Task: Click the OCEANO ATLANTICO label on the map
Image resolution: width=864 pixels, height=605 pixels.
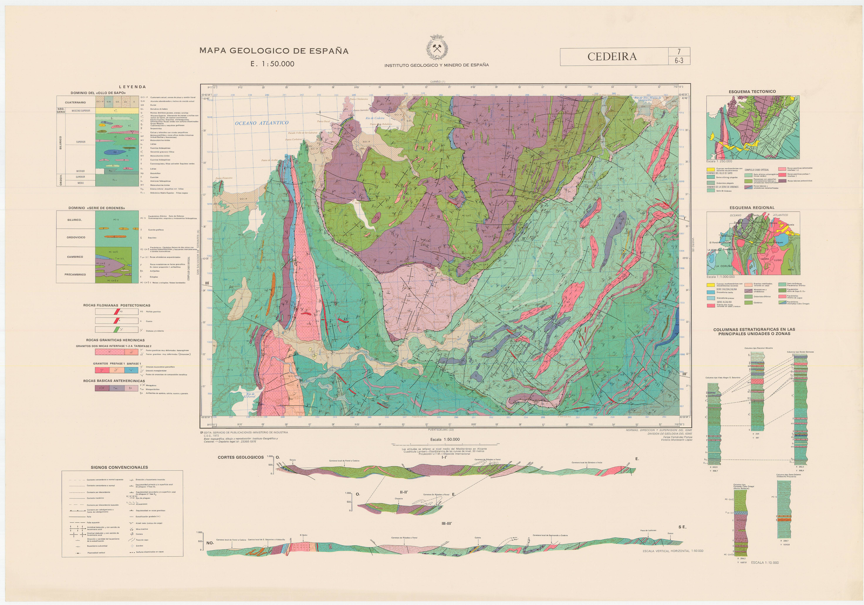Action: pos(262,123)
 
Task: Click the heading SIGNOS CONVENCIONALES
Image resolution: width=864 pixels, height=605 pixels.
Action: pos(119,467)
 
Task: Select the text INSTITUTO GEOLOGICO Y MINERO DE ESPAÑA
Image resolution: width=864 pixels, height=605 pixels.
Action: pos(436,65)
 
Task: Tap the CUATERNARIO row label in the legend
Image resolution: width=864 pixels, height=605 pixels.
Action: pos(75,102)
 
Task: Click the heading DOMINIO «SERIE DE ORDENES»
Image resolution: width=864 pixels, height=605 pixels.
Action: pos(97,208)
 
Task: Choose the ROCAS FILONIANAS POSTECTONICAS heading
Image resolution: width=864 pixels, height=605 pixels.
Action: pos(117,305)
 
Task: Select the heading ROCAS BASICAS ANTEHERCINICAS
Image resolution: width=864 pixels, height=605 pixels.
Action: pos(114,381)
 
